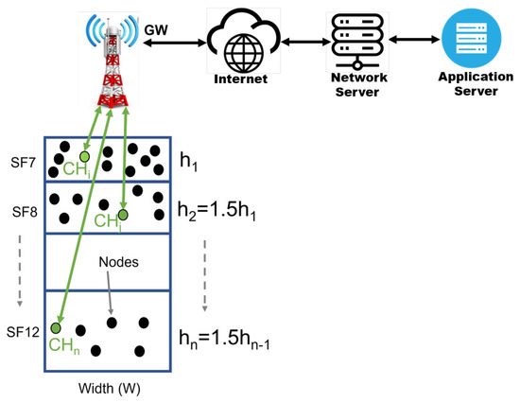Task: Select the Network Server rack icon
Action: point(351,38)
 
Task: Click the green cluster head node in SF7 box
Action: point(85,155)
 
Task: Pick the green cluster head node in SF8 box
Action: point(123,215)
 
